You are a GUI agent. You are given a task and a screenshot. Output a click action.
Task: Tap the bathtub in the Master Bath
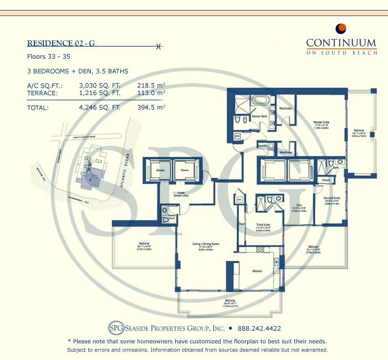click(x=260, y=101)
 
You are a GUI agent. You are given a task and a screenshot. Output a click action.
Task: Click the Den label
click(x=299, y=205)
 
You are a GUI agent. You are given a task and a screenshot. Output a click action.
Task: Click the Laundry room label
click(x=264, y=146)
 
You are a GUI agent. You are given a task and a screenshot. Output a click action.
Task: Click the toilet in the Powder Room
click(x=164, y=218)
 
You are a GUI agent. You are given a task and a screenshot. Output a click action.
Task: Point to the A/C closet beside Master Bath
click(x=237, y=136)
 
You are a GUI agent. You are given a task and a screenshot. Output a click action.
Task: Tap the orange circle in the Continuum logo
click(x=341, y=28)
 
